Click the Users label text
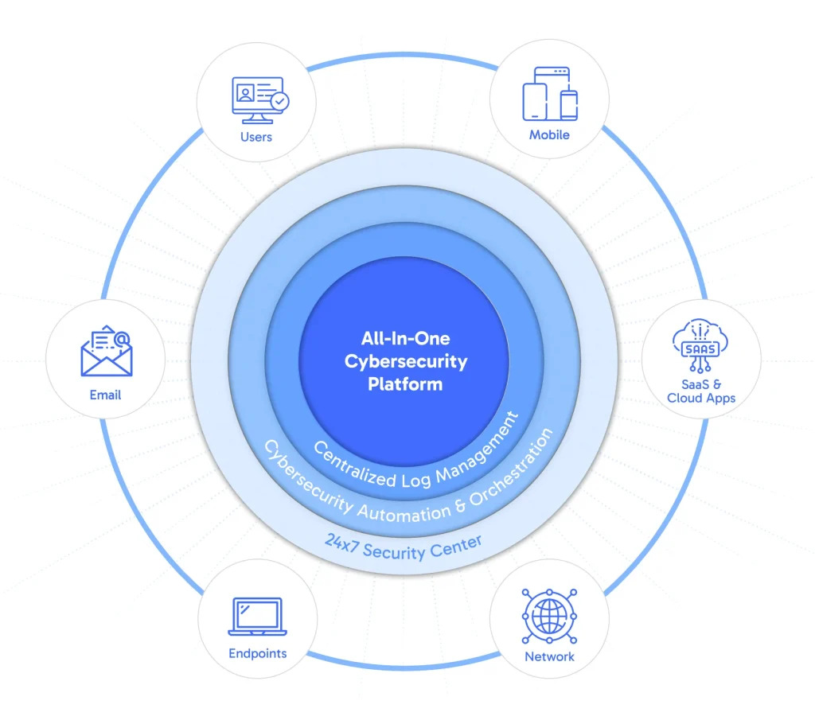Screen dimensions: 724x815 (x=256, y=137)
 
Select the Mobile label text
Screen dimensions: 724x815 (x=549, y=135)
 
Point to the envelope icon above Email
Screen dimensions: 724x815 (x=107, y=352)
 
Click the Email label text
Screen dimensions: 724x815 (x=105, y=395)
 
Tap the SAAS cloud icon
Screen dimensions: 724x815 (x=700, y=344)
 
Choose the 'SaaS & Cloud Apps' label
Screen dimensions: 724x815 (x=701, y=391)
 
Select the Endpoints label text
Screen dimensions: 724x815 (x=257, y=653)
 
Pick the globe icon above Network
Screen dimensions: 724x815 (x=549, y=616)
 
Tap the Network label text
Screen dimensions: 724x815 (x=549, y=656)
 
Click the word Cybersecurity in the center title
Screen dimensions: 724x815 (x=406, y=361)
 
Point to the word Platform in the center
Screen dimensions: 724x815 (x=405, y=384)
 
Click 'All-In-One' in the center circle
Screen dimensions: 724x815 (x=406, y=338)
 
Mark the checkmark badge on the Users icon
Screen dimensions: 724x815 (x=280, y=102)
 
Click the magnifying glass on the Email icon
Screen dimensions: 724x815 (x=121, y=341)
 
